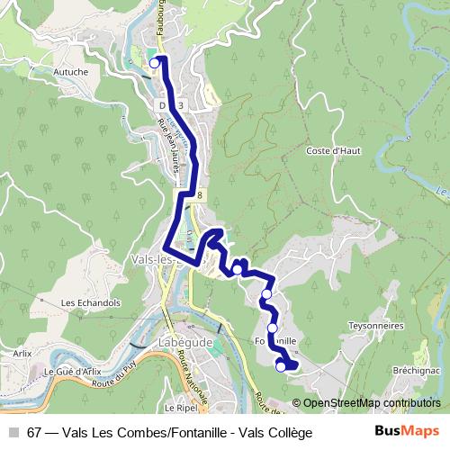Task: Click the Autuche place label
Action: point(95,70)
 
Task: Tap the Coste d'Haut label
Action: point(333,150)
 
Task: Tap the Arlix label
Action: point(22,354)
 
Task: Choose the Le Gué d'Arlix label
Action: point(71,371)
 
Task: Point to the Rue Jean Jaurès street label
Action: point(168,148)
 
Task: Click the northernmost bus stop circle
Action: point(155,62)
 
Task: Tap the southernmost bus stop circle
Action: point(281,365)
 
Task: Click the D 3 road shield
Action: point(172,105)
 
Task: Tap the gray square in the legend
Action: point(13,432)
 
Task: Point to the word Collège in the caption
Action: point(290,432)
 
